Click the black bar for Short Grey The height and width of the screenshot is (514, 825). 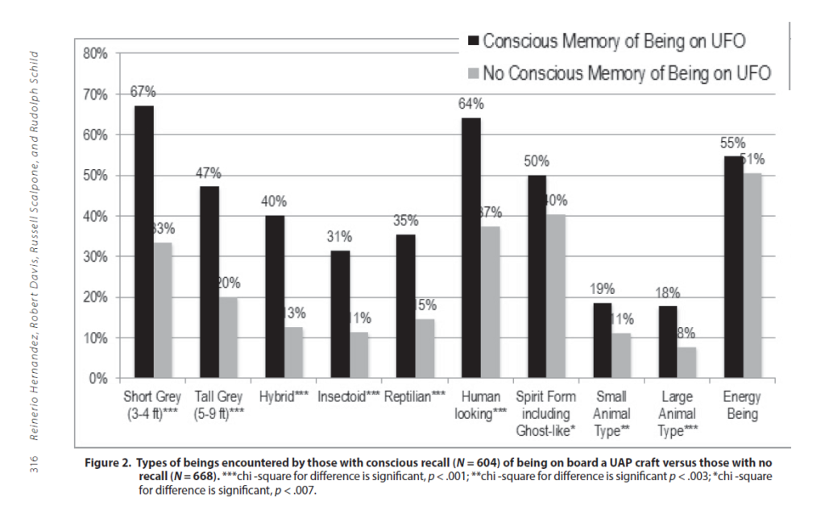pos(144,242)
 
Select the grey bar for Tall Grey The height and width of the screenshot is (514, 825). pos(230,338)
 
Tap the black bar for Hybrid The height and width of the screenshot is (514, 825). pos(275,296)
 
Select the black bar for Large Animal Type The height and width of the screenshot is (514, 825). pos(668,342)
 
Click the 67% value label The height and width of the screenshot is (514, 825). pos(143,92)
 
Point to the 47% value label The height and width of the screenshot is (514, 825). pos(209,173)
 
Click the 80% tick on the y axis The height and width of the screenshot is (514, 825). pos(95,53)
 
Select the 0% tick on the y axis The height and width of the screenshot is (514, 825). pos(98,378)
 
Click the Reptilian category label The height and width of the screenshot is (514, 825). pos(415,397)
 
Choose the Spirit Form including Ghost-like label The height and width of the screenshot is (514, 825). pos(545,413)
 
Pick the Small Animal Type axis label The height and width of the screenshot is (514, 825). pos(611,413)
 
